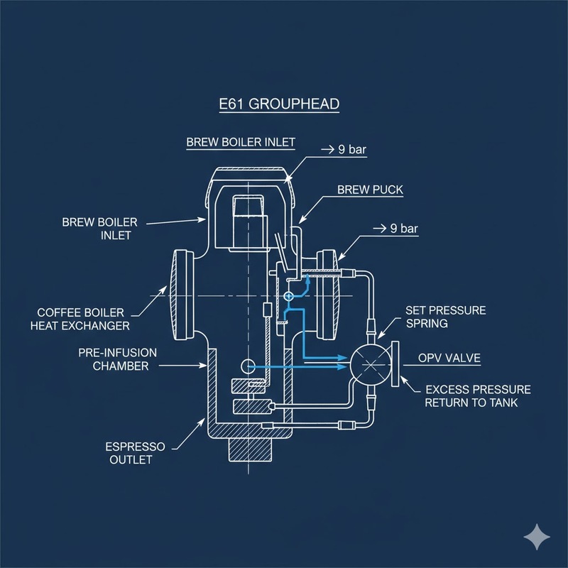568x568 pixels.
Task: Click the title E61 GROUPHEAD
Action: coord(278,104)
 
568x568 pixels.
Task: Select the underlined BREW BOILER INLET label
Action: coord(241,142)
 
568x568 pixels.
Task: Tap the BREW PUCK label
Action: coord(369,190)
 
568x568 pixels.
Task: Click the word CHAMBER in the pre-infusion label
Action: coord(123,366)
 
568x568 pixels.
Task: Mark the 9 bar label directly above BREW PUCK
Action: coord(347,150)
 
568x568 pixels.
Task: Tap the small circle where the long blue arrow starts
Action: coord(247,366)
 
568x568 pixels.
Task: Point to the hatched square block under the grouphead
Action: coord(248,449)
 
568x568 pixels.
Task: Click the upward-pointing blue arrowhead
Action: coord(307,282)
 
